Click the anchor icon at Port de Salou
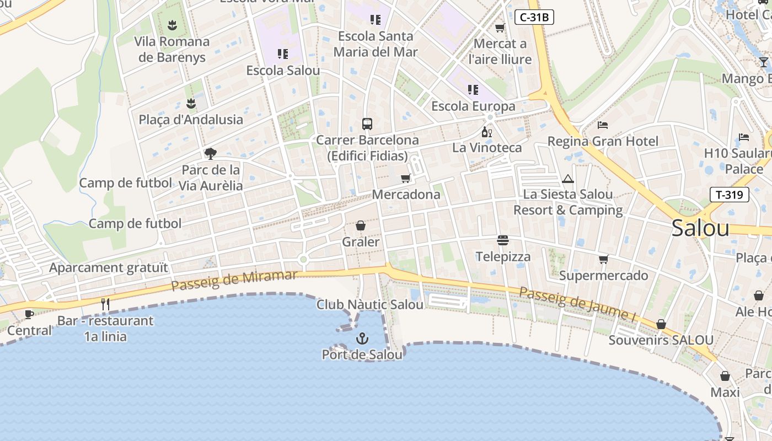pyautogui.click(x=362, y=338)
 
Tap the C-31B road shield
pyautogui.click(x=534, y=17)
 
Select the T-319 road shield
pyautogui.click(x=729, y=195)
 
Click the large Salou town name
pyautogui.click(x=700, y=228)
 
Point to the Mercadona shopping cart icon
pyautogui.click(x=406, y=178)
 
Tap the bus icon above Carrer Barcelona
pyautogui.click(x=367, y=123)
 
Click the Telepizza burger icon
pyautogui.click(x=502, y=240)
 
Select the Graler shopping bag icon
pyautogui.click(x=361, y=225)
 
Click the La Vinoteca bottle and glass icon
pyautogui.click(x=486, y=132)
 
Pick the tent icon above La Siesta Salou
pyautogui.click(x=568, y=179)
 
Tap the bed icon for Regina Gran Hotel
pyautogui.click(x=602, y=125)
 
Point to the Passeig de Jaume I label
pyautogui.click(x=578, y=304)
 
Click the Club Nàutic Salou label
pyautogui.click(x=370, y=304)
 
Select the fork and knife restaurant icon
pyautogui.click(x=105, y=304)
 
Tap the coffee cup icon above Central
pyautogui.click(x=29, y=314)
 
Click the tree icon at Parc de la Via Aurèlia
pyautogui.click(x=210, y=153)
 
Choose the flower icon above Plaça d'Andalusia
pyautogui.click(x=191, y=103)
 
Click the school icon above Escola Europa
pyautogui.click(x=473, y=89)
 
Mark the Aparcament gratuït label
pyautogui.click(x=109, y=268)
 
